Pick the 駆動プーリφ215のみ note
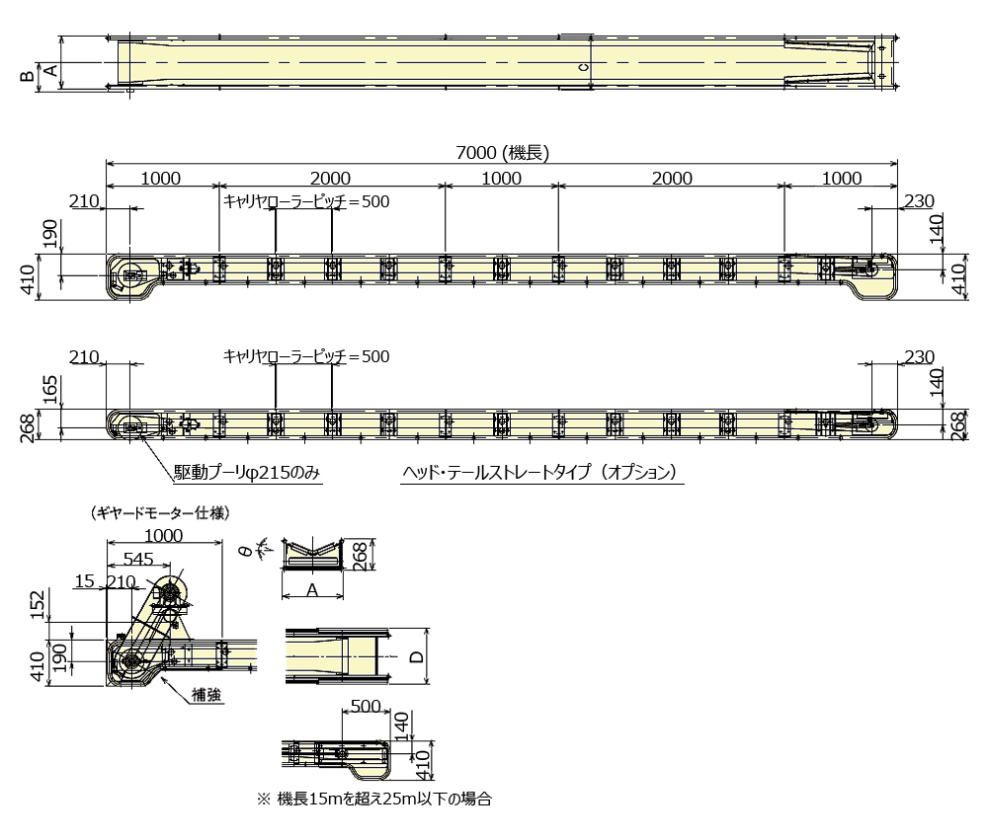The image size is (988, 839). coord(248,473)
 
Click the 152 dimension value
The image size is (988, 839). coord(38,604)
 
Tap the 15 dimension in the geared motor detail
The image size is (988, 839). coord(83,581)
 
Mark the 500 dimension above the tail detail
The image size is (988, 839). coord(366,707)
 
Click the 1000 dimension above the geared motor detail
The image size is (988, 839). coord(163,535)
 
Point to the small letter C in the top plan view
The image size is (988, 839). coord(583,67)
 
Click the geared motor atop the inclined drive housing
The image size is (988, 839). coord(170,590)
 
